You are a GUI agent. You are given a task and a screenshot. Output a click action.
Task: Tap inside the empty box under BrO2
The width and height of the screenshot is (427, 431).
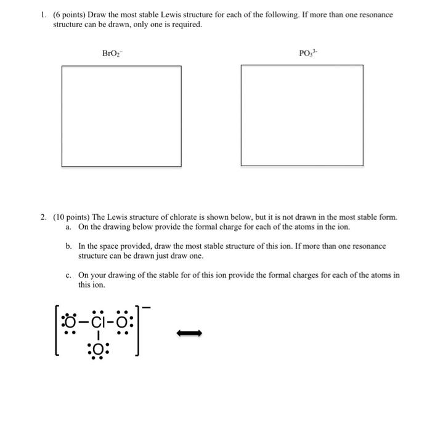point(121,116)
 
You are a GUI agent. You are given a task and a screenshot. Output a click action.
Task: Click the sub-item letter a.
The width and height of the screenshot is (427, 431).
point(68,227)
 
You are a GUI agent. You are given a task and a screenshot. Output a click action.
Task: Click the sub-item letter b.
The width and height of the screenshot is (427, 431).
point(68,246)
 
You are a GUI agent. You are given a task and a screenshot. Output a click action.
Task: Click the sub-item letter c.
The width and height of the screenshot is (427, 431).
point(68,275)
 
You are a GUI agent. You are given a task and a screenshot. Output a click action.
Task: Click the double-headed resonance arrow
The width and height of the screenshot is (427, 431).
point(189,334)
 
